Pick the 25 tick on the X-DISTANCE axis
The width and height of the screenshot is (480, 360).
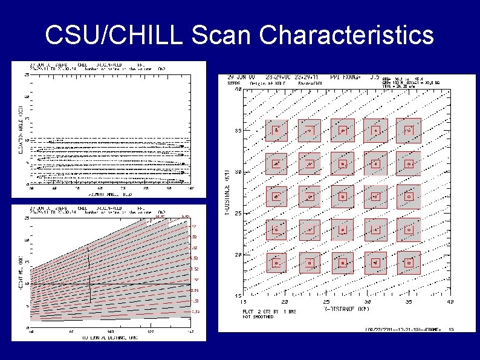click(326, 301)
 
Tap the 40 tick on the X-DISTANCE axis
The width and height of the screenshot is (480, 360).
click(450, 301)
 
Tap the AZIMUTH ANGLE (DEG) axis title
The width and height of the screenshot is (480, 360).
click(106, 195)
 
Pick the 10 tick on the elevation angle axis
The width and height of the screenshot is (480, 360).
click(27, 140)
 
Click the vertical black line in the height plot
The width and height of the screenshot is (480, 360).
click(90, 275)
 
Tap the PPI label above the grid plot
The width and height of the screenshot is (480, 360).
click(352, 77)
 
